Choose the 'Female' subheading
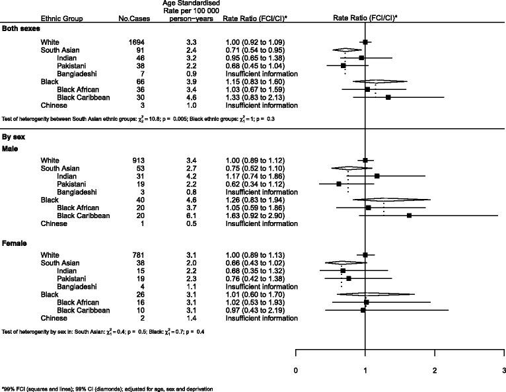click(15, 244)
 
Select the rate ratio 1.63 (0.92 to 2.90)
click(264, 216)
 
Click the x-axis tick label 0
click(295, 368)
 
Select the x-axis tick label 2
click(434, 368)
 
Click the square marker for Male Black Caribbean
click(409, 216)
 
